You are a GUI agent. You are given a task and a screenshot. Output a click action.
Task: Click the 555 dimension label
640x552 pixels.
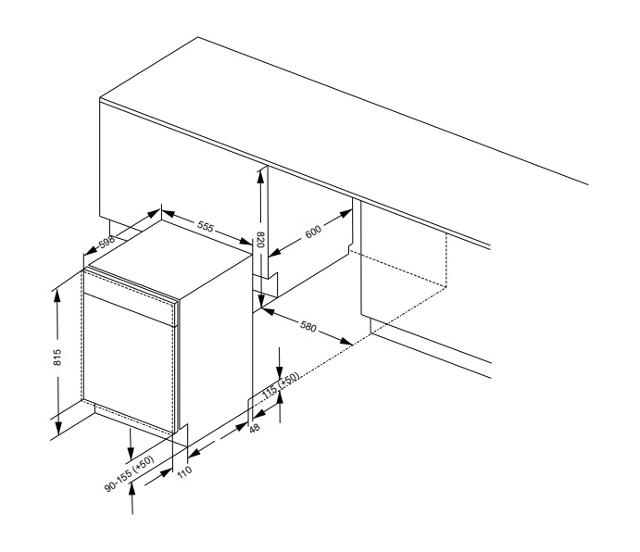point(206,226)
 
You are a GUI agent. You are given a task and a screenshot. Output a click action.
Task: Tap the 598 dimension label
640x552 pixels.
point(107,242)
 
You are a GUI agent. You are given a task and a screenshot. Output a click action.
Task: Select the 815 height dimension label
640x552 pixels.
point(57,357)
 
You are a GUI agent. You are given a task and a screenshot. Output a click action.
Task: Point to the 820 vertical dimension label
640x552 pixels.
point(260,240)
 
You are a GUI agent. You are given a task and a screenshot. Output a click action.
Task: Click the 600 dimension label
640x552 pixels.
point(313,232)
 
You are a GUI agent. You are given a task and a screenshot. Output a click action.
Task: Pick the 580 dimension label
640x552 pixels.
point(308,326)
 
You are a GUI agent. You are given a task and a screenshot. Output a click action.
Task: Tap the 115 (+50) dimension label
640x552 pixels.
point(281,385)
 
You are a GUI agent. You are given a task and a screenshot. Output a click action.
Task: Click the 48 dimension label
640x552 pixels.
point(255,428)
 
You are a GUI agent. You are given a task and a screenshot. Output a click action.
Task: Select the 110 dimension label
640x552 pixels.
point(184,472)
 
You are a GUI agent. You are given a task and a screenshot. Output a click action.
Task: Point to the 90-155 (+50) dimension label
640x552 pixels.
point(130,473)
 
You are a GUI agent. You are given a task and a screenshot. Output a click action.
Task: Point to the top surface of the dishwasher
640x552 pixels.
point(170,258)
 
